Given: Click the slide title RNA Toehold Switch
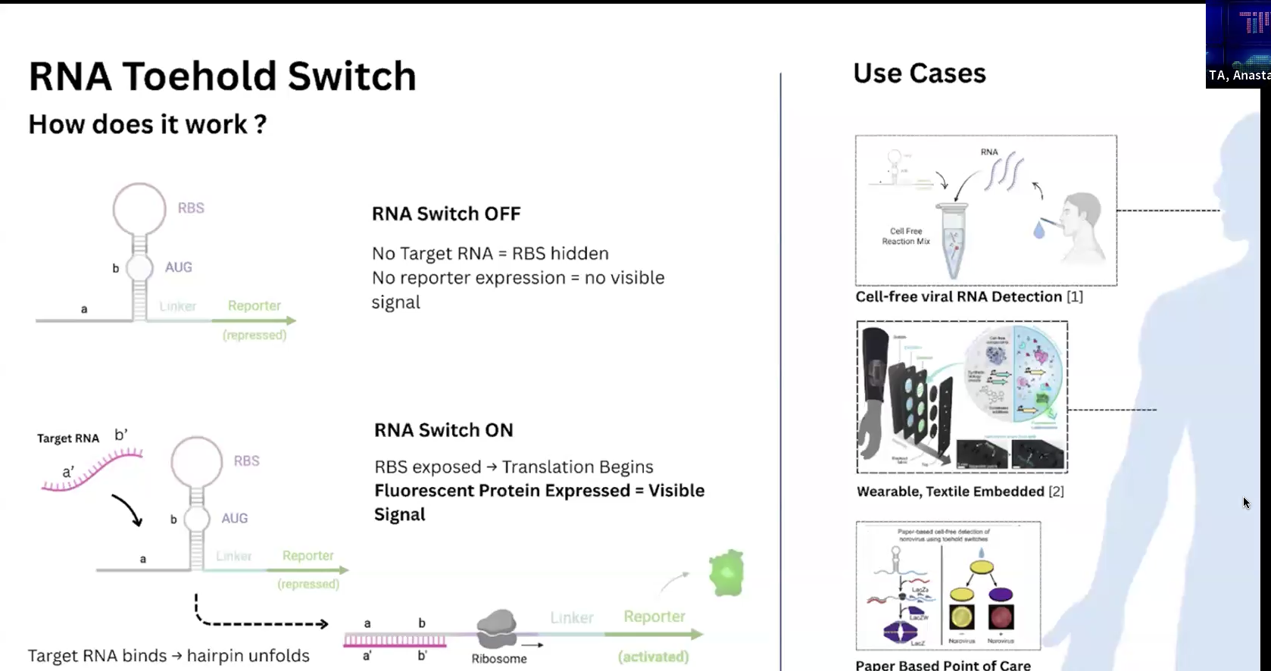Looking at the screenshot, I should click(222, 76).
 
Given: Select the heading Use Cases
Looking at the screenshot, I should click(919, 73).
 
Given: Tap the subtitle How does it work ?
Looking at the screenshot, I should click(147, 124).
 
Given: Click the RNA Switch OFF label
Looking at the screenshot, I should click(445, 214).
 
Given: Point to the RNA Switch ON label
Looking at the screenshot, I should click(443, 430).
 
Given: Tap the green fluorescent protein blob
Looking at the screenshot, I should click(726, 573).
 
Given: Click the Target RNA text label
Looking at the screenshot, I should click(68, 438).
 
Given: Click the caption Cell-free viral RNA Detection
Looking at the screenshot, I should click(958, 297).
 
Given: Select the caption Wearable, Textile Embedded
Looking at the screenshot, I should click(951, 492).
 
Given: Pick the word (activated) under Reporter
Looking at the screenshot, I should click(653, 657).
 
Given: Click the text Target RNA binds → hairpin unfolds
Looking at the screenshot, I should click(168, 656).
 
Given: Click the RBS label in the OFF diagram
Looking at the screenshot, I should click(191, 208).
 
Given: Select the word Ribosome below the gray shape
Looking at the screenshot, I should click(498, 659).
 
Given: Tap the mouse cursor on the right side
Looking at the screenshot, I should click(1246, 503).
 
